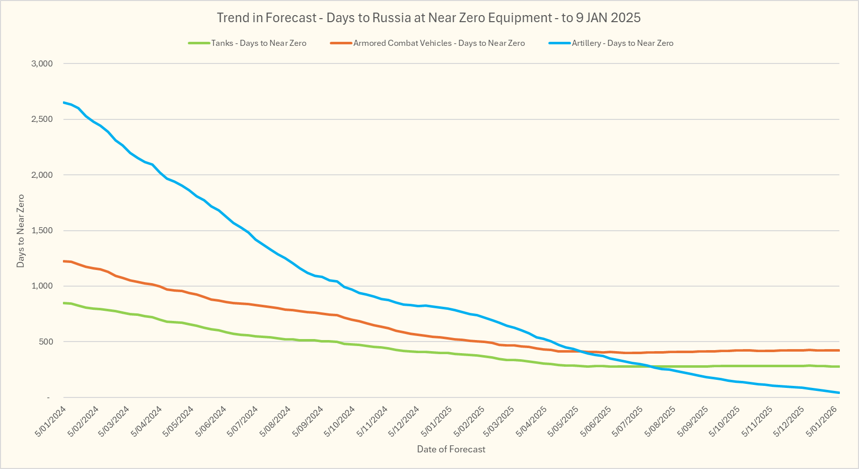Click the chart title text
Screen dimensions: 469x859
(428, 18)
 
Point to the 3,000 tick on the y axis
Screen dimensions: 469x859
(42, 63)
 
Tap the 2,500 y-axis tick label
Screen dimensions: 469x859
(42, 119)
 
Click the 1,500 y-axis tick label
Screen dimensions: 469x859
(42, 231)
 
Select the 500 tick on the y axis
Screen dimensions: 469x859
(45, 342)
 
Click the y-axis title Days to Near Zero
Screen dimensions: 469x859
(21, 231)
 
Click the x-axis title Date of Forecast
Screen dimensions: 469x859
(451, 449)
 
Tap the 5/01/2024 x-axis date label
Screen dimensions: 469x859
(50, 422)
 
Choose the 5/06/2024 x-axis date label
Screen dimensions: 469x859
(211, 422)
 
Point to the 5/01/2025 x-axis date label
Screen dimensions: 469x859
(437, 422)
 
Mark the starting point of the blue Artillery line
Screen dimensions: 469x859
(63, 103)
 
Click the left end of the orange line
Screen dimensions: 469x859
(63, 261)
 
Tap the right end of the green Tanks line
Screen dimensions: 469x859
(838, 366)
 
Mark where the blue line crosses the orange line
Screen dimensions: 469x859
(581, 351)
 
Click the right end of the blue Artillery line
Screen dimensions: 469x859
(838, 392)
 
